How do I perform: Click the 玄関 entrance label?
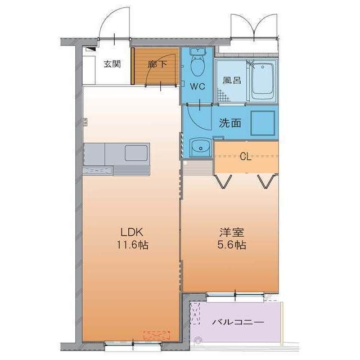tap(111, 64)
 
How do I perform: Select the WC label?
tap(197, 87)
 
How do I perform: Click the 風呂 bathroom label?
tap(231, 80)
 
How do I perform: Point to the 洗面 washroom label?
tap(230, 123)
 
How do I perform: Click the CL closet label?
tap(245, 156)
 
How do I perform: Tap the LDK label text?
tap(132, 231)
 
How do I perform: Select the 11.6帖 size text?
tap(132, 245)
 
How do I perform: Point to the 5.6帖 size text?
tap(231, 245)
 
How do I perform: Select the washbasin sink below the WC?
tap(199, 148)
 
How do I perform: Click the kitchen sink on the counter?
tap(136, 152)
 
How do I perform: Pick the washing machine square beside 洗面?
tap(263, 122)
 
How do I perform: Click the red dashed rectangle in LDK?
tap(156, 334)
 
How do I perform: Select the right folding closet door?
tap(267, 181)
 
